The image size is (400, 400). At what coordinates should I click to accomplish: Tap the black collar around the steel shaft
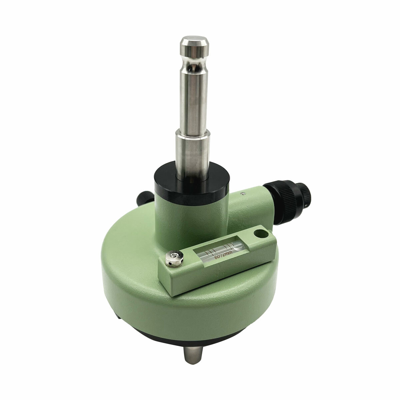(x=192, y=183)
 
